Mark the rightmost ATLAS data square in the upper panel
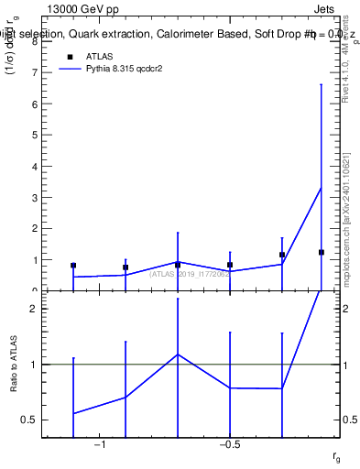(x=322, y=252)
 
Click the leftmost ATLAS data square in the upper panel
(x=73, y=266)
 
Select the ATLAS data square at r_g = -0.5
(x=230, y=265)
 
